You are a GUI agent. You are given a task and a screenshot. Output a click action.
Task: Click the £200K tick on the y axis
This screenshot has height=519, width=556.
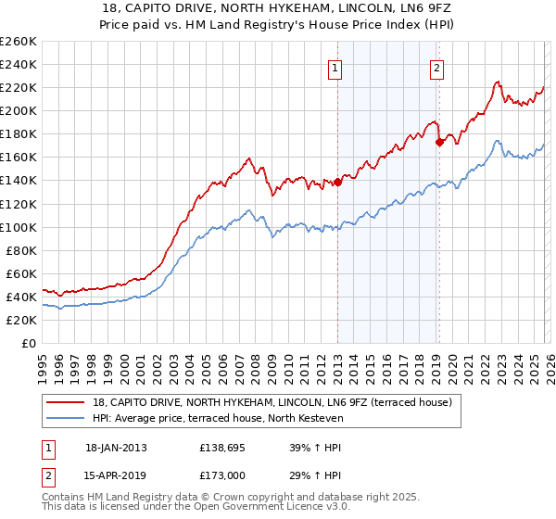tap(18, 110)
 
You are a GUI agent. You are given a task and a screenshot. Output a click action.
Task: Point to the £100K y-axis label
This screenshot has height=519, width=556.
tap(18, 227)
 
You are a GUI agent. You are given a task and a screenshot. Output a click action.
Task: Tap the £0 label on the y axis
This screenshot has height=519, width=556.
tap(29, 343)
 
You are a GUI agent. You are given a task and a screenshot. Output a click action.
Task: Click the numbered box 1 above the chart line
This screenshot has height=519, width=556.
tap(334, 67)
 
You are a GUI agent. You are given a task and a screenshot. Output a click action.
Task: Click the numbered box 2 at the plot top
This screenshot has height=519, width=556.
tap(436, 67)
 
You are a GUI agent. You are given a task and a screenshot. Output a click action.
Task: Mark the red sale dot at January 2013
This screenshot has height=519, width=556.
tap(337, 183)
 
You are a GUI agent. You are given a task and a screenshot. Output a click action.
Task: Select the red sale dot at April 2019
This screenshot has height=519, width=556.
tap(439, 142)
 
